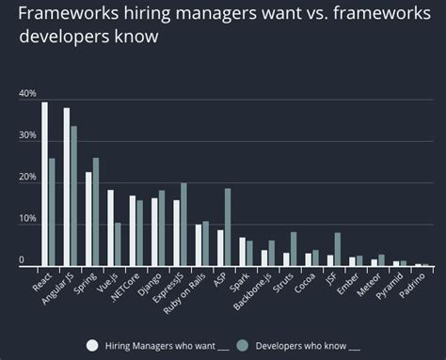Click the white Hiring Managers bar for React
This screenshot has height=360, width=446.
coord(44,184)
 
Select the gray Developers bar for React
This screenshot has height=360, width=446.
coord(52,212)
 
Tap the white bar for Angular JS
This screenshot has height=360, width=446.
coord(67,187)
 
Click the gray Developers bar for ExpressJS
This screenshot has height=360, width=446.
coord(183,225)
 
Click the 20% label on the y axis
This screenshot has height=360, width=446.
coord(27,178)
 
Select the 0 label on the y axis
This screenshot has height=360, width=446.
coord(22,259)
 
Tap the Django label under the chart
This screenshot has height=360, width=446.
coord(154,286)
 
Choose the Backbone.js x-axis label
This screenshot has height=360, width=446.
coord(256,292)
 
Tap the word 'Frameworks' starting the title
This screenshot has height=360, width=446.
coord(72,15)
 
